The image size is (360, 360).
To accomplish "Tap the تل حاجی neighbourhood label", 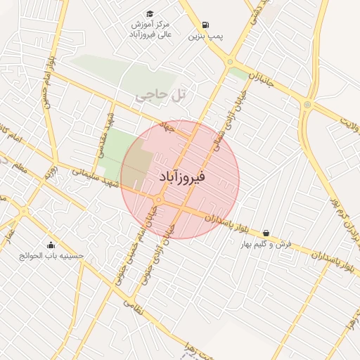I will [155, 94].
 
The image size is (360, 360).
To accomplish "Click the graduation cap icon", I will [150, 13].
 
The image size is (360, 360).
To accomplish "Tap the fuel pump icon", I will [205, 24].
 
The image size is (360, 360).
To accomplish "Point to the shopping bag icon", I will [266, 233].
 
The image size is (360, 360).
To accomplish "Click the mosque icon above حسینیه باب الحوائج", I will [51, 245].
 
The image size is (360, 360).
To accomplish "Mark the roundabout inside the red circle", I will [158, 200].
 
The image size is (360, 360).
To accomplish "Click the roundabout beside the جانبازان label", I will [230, 62].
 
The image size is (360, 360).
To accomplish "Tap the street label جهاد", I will [167, 127].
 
